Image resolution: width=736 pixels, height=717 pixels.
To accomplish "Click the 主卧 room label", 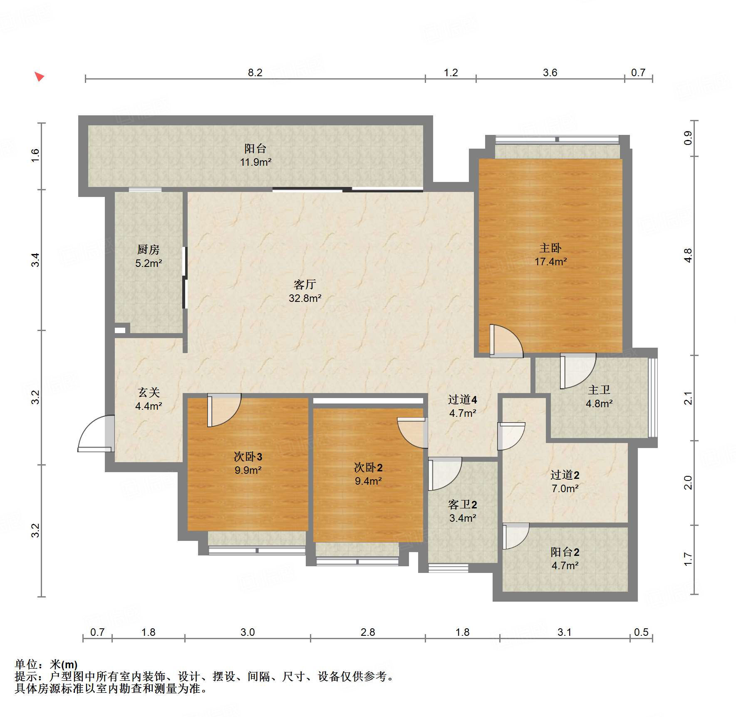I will pyautogui.click(x=550, y=248).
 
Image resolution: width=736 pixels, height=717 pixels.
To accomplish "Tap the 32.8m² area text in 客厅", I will pyautogui.click(x=305, y=298).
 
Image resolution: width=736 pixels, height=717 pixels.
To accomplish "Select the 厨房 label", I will pyautogui.click(x=148, y=249).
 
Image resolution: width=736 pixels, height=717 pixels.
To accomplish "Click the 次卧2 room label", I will pyautogui.click(x=368, y=467).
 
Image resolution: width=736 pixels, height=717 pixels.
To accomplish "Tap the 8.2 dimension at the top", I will pyautogui.click(x=255, y=72).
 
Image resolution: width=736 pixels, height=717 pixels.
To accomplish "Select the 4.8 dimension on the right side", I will pyautogui.click(x=688, y=255).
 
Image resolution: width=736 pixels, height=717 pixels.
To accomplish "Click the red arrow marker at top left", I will pyautogui.click(x=39, y=77).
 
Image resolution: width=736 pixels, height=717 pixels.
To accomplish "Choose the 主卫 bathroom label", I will pyautogui.click(x=599, y=390).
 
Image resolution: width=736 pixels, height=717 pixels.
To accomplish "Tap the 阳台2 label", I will pyautogui.click(x=565, y=552).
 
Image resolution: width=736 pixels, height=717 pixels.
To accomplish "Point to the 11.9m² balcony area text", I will pyautogui.click(x=255, y=162).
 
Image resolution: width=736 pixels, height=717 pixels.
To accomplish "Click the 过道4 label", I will pyautogui.click(x=462, y=400).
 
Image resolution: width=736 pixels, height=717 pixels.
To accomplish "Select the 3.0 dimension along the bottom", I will pyautogui.click(x=248, y=632).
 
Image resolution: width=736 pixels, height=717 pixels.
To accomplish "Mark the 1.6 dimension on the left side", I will pyautogui.click(x=35, y=155).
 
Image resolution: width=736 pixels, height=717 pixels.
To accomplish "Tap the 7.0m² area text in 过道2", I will pyautogui.click(x=565, y=488).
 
